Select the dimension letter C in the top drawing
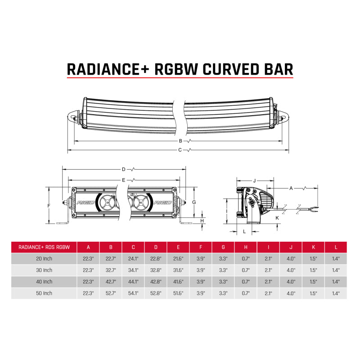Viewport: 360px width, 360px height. pos(180,149)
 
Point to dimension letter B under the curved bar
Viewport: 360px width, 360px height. pos(180,141)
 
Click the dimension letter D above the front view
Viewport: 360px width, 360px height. pos(123,170)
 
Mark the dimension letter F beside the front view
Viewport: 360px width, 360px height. pos(49,205)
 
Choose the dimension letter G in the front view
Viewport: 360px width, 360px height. pos(193,202)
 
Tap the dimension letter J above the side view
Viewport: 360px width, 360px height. pos(254,180)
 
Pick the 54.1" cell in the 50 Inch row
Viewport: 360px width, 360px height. pos(133,293)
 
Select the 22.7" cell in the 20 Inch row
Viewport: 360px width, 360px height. pos(111,259)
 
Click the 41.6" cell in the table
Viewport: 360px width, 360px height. pos(178,282)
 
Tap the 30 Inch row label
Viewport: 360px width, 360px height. pos(44,270)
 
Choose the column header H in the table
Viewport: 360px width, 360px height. pos(246,247)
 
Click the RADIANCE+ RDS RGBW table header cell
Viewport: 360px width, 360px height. pos(44,247)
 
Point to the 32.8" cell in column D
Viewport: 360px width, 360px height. pos(156,270)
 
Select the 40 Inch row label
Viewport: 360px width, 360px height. pos(44,282)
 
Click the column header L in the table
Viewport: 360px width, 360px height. pos(336,247)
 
